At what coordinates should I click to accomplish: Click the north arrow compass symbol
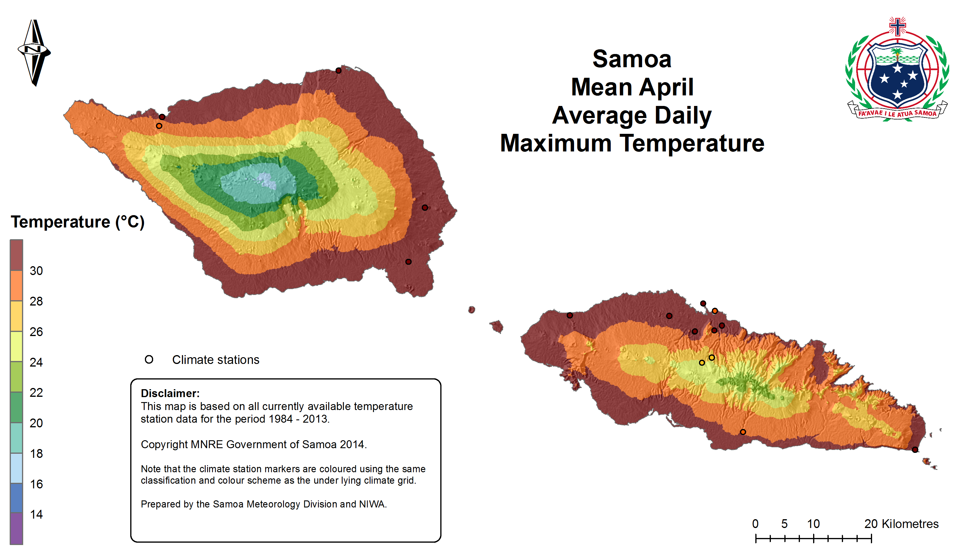(34, 52)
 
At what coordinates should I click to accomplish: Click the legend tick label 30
(36, 271)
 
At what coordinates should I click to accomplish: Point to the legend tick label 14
(36, 514)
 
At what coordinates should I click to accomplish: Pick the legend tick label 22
(36, 393)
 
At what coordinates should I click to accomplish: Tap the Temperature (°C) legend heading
(78, 222)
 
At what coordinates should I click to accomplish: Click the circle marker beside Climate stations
(149, 360)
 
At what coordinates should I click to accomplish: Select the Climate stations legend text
(216, 360)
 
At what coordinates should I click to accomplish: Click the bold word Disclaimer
(170, 393)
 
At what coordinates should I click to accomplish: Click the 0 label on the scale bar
(755, 524)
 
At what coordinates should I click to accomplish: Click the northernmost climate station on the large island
(338, 70)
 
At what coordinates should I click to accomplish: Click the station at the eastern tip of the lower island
(915, 450)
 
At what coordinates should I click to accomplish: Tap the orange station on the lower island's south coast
(743, 432)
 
